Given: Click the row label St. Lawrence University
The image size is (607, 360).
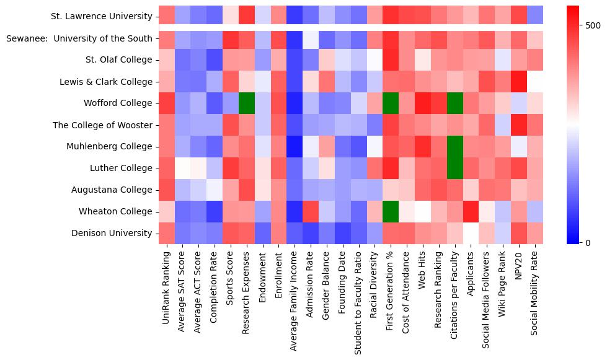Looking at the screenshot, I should tap(103, 17).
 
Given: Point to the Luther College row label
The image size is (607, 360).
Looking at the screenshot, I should tap(123, 169).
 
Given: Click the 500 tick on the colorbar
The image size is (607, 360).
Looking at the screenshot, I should tap(593, 25).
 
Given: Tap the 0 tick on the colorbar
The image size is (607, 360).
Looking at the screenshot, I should tap(588, 242).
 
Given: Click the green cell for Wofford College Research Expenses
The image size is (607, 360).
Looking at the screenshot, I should tap(247, 103).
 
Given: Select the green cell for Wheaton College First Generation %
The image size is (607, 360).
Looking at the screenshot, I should tap(391, 212).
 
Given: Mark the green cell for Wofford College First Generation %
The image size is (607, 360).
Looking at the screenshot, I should tap(391, 103).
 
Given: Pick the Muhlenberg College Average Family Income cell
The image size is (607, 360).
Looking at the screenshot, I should tap(295, 147).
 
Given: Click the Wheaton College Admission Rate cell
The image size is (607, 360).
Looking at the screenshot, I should tap(311, 212).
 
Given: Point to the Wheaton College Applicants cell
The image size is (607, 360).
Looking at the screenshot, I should tap(471, 212).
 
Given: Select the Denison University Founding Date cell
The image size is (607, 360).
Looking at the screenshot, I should tap(343, 234).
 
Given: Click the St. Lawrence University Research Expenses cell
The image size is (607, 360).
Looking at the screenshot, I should tap(247, 17).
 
